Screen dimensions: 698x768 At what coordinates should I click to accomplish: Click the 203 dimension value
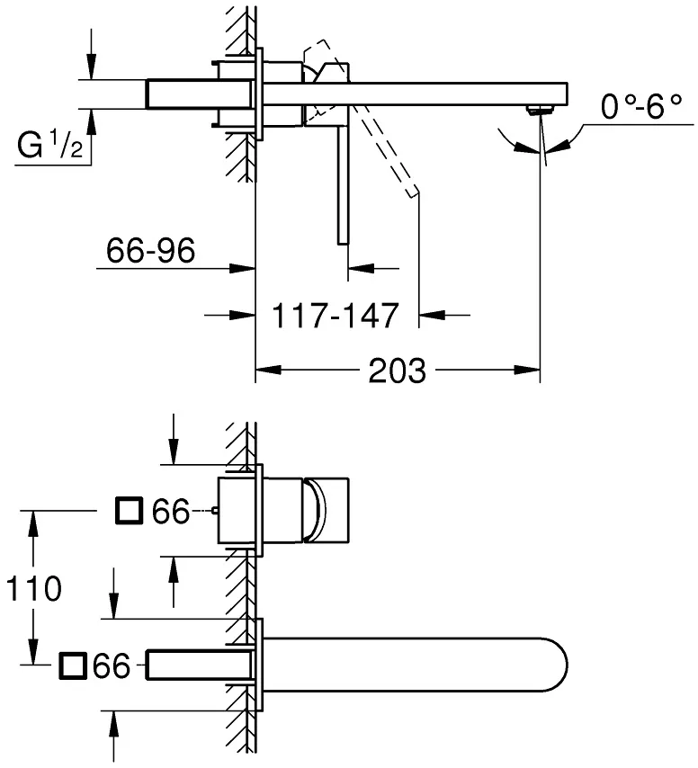(398, 371)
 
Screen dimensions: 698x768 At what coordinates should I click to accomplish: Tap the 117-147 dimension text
(336, 316)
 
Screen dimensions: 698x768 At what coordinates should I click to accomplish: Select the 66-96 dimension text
(150, 250)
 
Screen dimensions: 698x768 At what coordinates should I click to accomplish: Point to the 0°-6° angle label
(640, 107)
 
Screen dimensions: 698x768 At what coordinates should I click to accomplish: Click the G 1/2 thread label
(49, 145)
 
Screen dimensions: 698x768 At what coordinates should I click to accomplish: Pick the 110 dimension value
(34, 588)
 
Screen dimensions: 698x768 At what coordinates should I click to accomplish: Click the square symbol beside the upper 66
(130, 511)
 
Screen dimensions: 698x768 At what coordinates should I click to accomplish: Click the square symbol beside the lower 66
(73, 665)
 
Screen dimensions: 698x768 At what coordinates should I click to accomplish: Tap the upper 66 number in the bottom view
(171, 512)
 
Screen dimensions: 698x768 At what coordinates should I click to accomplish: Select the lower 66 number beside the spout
(112, 666)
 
